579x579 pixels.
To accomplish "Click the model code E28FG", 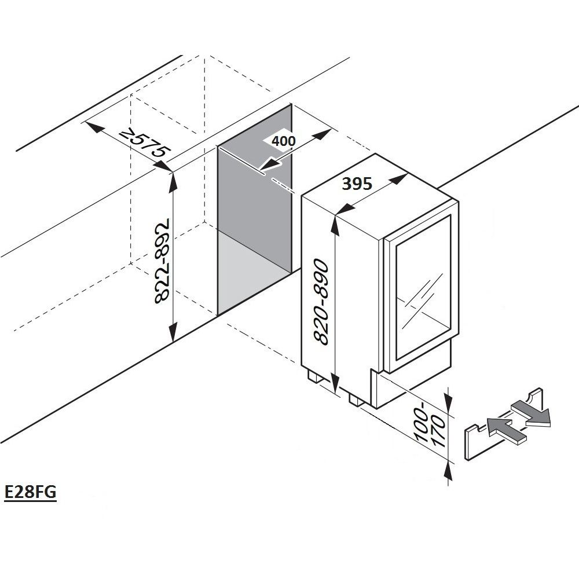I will (30, 493).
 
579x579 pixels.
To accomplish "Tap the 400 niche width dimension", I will (284, 141).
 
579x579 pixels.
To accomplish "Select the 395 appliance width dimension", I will (356, 184).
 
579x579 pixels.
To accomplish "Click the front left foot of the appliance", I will (316, 377).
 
